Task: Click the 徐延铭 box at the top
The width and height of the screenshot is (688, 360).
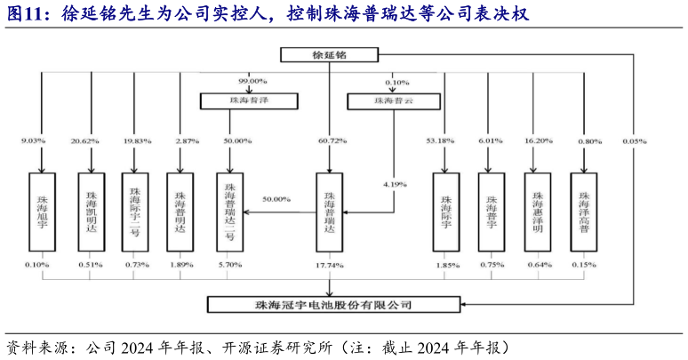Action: [330, 55]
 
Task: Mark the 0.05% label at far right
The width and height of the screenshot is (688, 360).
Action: [634, 141]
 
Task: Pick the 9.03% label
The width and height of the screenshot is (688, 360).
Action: [33, 141]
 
